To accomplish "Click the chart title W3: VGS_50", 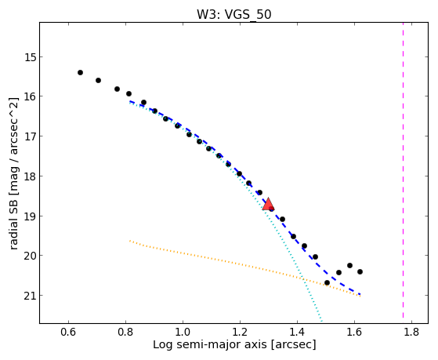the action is point(234,15).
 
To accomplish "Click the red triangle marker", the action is point(268,204).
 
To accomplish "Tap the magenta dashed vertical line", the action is point(403,170).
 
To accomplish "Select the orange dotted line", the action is point(245,267).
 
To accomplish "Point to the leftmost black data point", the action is point(80,72).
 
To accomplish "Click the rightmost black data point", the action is point(360,271).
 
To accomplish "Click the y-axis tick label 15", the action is point(30,57).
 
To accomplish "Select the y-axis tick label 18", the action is point(30,176).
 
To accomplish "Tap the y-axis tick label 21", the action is point(30,296).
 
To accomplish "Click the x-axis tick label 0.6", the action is point(68,332).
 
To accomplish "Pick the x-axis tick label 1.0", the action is point(183,332).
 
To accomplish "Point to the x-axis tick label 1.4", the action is point(297,332).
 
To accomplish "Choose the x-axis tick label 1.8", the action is point(411,332).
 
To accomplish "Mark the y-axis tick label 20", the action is point(30,256).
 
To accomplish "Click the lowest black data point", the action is point(327,282).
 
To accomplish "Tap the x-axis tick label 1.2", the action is point(240,332).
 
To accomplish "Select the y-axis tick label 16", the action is point(30,96).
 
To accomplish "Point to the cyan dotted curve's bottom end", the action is point(322,322).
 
